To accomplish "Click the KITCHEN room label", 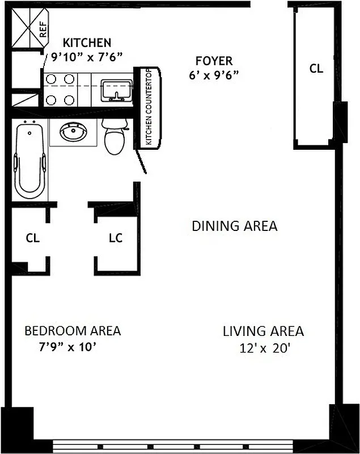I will coord(87,43).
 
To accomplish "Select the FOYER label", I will coord(214,61).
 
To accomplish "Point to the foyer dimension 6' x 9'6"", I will coord(214,74).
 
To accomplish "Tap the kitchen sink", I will coord(117,90).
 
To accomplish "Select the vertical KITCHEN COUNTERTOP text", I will coord(149,108).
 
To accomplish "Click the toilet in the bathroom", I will coord(115,138).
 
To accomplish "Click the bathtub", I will coord(30,161).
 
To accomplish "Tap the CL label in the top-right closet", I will coord(316,69).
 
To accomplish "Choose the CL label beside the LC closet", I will coord(32,238).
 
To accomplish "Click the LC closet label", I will coord(115,238).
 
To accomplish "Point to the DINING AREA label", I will coord(234,226).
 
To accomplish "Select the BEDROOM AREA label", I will coord(72,331).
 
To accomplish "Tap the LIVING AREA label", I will coord(263,331).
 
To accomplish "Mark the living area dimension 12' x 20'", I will coord(264,347).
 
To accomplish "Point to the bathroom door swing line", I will coord(142,162).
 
